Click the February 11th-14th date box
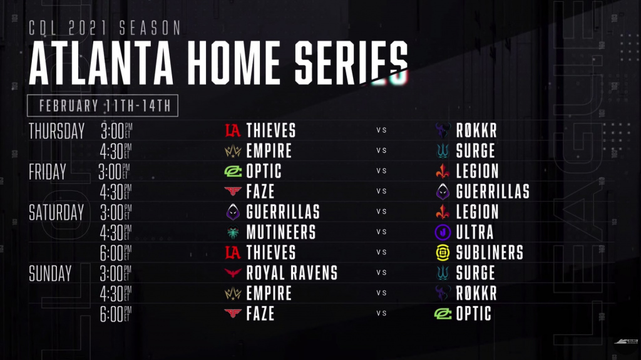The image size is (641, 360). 103,106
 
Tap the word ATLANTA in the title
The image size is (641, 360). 101,63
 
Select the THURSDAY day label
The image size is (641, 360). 57,131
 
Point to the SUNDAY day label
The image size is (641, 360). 50,273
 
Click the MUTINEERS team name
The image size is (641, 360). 281,232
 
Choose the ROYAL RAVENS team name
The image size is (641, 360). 292,273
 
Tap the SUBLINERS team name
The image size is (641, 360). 490,252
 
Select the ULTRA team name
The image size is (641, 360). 474,232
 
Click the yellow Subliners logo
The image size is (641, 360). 443,253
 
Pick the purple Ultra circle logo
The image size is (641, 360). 443,232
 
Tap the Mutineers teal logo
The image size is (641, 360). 233,232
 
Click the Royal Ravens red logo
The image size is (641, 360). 233,273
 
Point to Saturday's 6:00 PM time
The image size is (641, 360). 116,253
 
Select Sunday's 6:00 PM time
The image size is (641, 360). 116,314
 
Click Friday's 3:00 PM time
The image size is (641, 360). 114,172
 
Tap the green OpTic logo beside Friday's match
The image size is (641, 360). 233,172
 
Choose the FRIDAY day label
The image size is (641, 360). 48,172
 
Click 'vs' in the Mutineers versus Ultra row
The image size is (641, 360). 381,232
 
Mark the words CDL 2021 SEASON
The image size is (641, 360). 105,28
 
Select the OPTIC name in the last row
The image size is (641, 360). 473,314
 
